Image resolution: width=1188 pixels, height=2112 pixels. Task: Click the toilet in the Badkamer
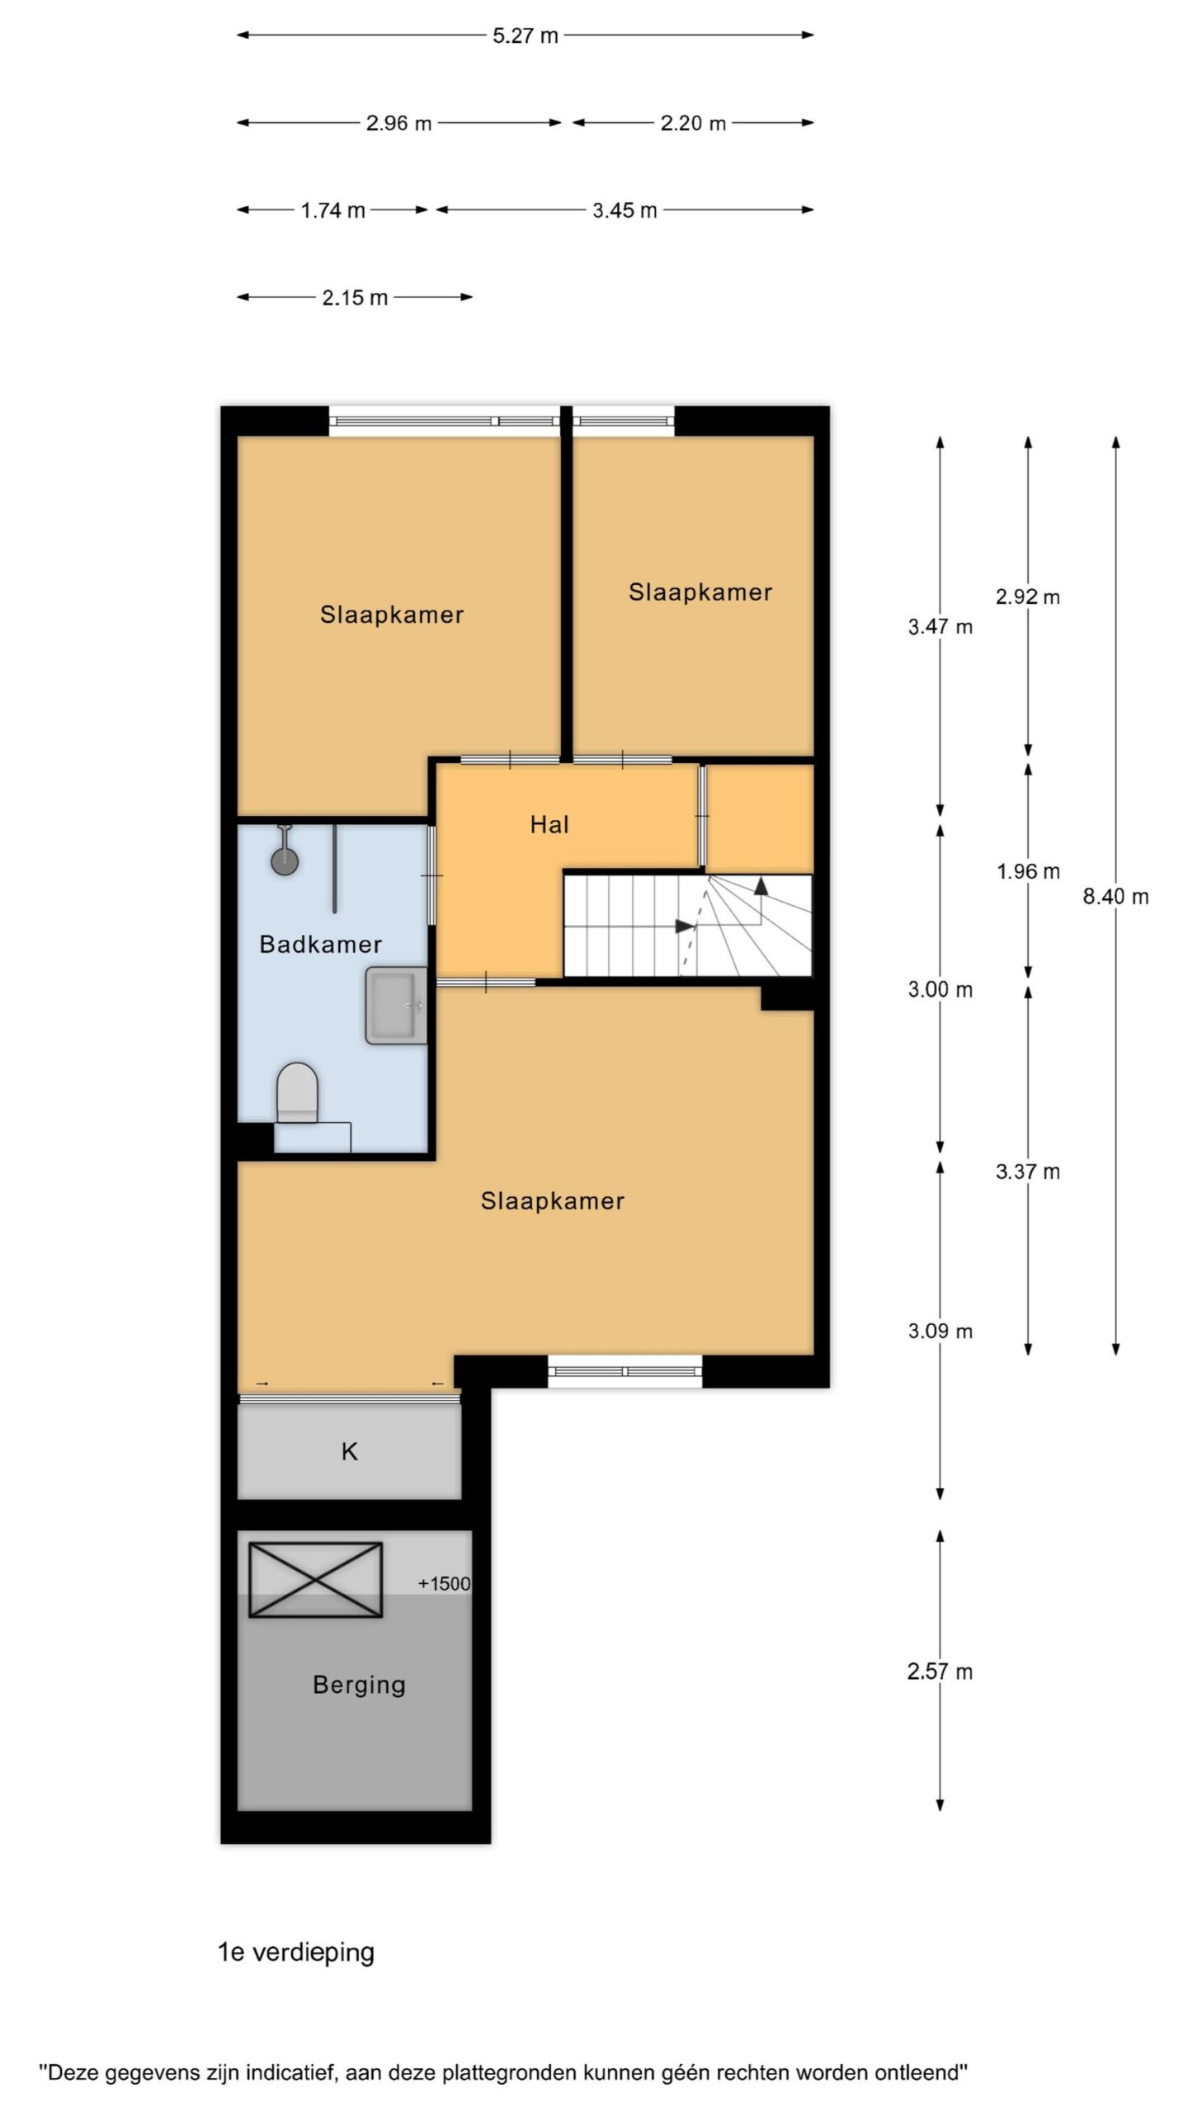coord(297,1092)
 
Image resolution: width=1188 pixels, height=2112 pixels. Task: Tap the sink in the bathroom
coord(397,1005)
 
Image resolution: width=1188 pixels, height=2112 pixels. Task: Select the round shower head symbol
coord(285,860)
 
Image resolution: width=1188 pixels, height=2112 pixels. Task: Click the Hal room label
coord(549,824)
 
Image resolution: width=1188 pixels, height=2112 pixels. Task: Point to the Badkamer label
coord(320,944)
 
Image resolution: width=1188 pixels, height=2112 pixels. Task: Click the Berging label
coord(359,1685)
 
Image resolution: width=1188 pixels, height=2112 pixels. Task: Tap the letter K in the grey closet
coord(350,1451)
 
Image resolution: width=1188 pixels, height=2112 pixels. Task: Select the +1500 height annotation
coord(444,1583)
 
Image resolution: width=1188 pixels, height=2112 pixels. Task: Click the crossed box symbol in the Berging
coord(316,1580)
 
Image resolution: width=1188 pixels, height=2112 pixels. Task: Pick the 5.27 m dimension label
coord(526,35)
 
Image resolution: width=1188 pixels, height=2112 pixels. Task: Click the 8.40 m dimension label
coord(1115,897)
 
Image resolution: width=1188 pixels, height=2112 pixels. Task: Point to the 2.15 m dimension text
coord(355,298)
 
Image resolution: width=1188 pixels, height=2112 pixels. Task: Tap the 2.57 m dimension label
coord(940,1671)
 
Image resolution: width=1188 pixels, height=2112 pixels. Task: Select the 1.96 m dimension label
coord(1028,871)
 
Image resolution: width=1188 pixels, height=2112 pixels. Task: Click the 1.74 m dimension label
coord(332,210)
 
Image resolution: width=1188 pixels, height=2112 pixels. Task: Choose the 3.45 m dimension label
coord(625,210)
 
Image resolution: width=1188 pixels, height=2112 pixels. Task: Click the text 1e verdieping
coord(296,1952)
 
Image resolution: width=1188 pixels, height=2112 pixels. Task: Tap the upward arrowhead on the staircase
coord(760,886)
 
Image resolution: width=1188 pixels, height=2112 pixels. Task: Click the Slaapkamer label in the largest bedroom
coord(552,1200)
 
